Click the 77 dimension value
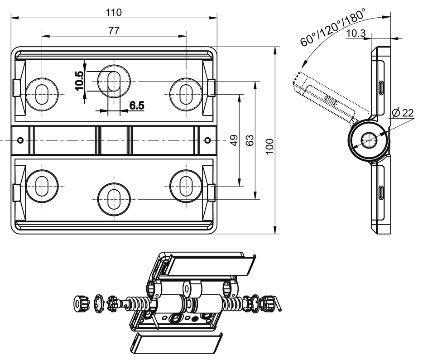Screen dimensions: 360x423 pos(113,30)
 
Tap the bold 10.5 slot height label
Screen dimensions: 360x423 pos(80,81)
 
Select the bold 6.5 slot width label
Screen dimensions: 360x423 pos(137,106)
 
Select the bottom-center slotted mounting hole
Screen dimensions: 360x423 pos(113,199)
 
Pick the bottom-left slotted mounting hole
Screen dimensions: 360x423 pos(41,186)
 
